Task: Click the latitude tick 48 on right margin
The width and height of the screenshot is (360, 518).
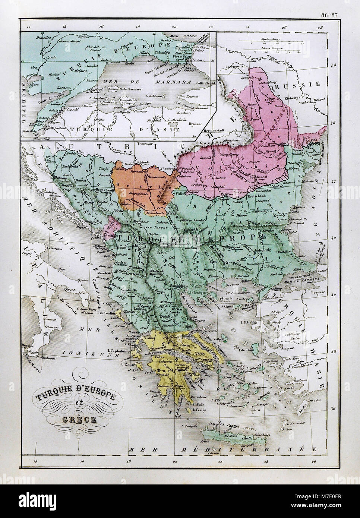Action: pyautogui.click(x=333, y=64)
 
